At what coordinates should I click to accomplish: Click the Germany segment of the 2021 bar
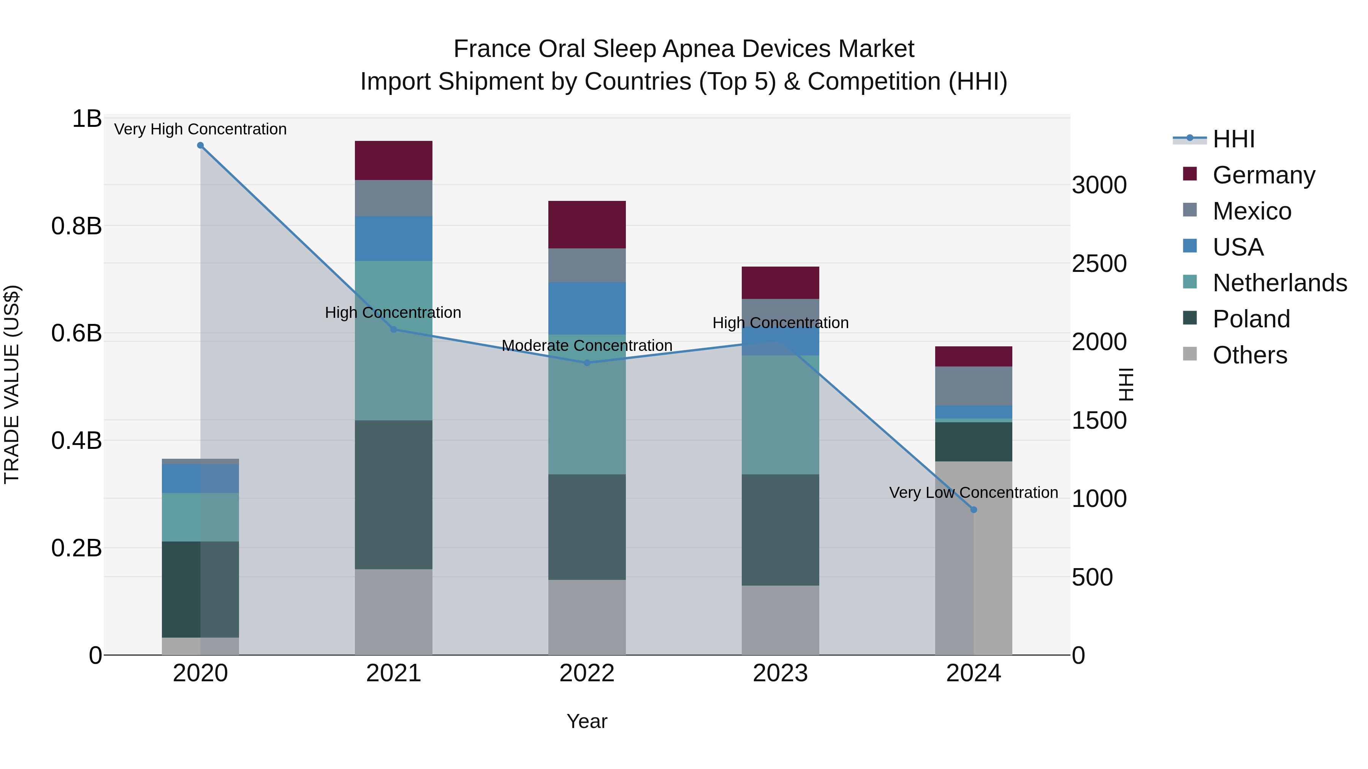coord(394,160)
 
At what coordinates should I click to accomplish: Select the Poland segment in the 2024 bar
coord(974,442)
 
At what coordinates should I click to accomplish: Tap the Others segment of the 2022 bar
coord(587,617)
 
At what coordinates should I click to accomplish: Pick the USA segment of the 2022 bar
coord(587,308)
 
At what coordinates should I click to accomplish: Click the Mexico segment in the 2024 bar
coord(974,386)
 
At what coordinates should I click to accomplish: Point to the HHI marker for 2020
coord(200,145)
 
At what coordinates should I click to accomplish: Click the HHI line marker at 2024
coord(974,510)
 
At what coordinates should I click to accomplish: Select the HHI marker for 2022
coord(587,363)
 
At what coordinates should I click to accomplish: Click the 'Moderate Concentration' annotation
coord(587,346)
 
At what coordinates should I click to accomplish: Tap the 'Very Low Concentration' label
coord(974,493)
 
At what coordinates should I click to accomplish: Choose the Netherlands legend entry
coord(1279,283)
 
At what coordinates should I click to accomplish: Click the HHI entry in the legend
coord(1233,139)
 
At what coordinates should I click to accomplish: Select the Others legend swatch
coord(1190,354)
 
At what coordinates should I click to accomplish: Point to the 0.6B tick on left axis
coord(76,333)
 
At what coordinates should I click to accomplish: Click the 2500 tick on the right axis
coord(1099,264)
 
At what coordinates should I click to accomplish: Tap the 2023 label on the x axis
coord(780,673)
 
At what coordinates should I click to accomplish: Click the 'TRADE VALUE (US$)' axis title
coord(12,384)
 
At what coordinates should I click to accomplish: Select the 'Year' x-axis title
coord(587,721)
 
